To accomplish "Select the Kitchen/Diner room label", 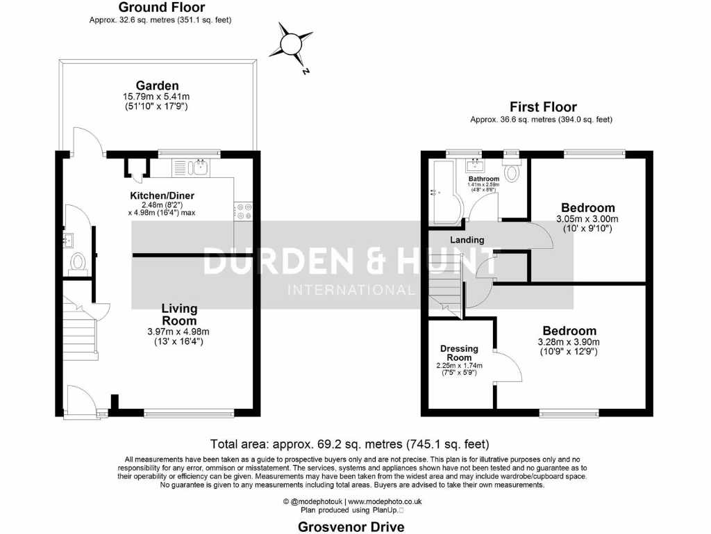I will [x=162, y=195].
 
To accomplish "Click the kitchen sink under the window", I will [x=201, y=166].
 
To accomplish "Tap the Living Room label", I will [x=179, y=314].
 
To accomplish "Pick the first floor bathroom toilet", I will [x=512, y=171].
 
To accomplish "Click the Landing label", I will [x=467, y=240].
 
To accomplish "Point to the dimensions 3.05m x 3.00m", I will [x=587, y=219].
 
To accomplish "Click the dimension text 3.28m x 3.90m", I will [x=569, y=342].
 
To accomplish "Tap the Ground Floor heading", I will [x=161, y=8].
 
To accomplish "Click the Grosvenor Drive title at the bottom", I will [x=351, y=526].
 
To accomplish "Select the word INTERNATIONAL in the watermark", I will [x=351, y=290].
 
